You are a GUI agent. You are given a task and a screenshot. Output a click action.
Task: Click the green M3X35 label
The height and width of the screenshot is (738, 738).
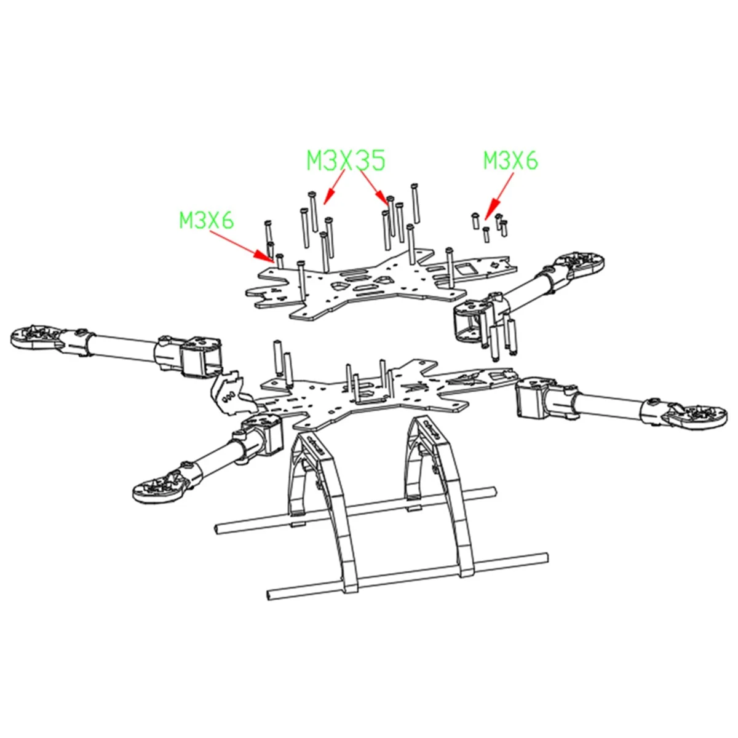pyautogui.click(x=346, y=161)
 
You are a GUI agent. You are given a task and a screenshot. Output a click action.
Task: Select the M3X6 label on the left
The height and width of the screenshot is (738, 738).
pyautogui.click(x=207, y=220)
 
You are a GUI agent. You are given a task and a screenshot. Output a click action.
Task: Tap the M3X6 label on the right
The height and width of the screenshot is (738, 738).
pyautogui.click(x=510, y=161)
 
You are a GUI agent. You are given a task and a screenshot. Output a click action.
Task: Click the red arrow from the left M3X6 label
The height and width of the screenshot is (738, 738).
pyautogui.click(x=253, y=247)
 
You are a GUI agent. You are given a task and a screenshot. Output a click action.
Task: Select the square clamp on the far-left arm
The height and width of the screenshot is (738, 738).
pyautogui.click(x=200, y=355)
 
